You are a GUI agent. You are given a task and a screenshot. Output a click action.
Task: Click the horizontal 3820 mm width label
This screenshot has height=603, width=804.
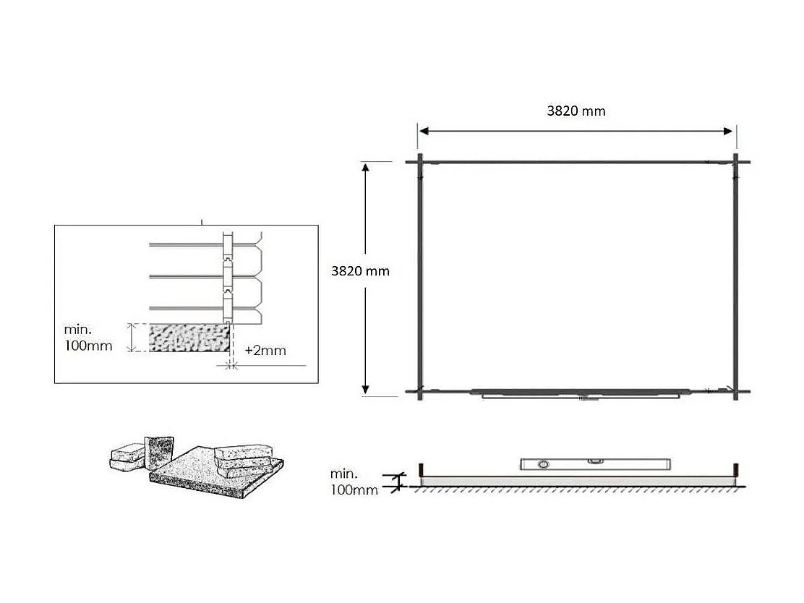click(x=576, y=111)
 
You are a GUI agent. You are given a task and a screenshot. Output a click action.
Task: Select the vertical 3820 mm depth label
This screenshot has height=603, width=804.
click(x=360, y=271)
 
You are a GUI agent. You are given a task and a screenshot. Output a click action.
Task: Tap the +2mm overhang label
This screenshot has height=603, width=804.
click(x=265, y=351)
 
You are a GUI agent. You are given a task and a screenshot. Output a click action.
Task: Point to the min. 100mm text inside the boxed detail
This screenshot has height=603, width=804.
click(x=88, y=338)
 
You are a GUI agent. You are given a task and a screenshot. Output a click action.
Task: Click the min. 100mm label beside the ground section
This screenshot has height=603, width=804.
click(x=354, y=482)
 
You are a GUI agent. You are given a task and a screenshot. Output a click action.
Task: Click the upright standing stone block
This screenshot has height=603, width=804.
click(x=159, y=452)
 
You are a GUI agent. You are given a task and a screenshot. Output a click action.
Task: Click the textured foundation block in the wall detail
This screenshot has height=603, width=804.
click(x=189, y=338)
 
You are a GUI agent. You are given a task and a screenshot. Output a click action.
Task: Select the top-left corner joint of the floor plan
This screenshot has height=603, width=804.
click(x=420, y=162)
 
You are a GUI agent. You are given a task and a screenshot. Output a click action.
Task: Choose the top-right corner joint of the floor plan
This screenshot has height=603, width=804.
click(x=735, y=162)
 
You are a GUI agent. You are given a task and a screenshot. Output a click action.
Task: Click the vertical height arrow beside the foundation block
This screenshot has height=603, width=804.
click(x=131, y=338)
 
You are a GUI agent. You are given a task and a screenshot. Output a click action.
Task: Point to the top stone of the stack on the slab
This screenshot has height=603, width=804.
click(x=242, y=453)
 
